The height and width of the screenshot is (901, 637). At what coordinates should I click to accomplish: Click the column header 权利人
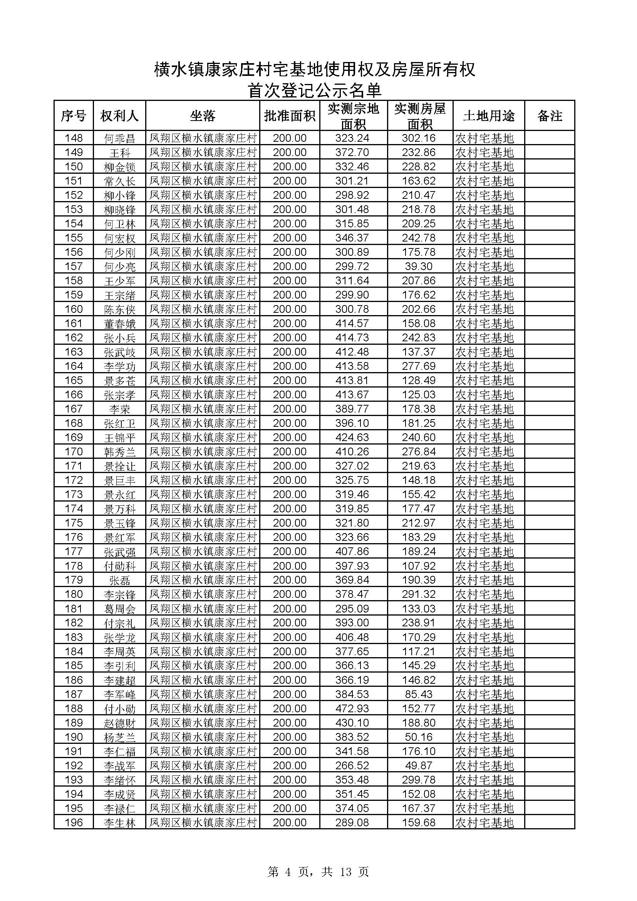click(x=119, y=116)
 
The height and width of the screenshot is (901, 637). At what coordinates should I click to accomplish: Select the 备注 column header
click(x=549, y=116)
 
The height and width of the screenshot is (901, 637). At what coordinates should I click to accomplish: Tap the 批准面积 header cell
click(x=290, y=116)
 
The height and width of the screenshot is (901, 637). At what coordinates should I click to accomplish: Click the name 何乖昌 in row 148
click(x=119, y=138)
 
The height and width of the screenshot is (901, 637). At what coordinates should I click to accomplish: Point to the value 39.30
click(x=419, y=267)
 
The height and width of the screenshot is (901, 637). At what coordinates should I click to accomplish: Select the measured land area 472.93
click(x=352, y=709)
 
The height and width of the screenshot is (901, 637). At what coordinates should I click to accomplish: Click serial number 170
click(x=74, y=452)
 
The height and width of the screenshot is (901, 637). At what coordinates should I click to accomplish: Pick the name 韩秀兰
click(x=119, y=452)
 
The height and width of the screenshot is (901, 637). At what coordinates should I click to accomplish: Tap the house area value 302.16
click(x=419, y=138)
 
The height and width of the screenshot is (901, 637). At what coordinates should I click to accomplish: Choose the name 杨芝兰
click(x=119, y=737)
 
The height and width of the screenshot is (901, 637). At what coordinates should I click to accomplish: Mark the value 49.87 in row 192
click(x=419, y=766)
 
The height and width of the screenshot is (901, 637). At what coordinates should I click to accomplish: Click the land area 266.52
click(x=352, y=766)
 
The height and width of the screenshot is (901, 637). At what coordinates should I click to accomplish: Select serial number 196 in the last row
click(x=74, y=822)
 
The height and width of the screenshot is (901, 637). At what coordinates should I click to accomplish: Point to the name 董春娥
click(x=119, y=324)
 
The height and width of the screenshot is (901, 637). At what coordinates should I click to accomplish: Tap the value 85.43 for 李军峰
click(x=419, y=694)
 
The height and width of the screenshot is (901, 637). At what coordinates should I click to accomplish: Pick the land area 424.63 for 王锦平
click(x=352, y=438)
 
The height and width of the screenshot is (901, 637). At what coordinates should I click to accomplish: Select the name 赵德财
click(x=119, y=723)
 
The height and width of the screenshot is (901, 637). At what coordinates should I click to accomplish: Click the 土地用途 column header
click(x=488, y=116)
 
